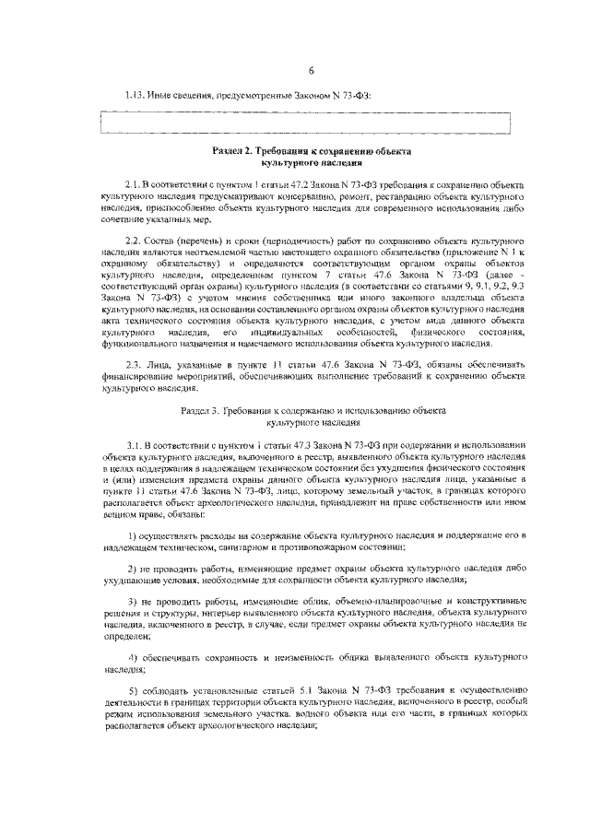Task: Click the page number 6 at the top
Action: [312, 72]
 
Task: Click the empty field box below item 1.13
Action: [304, 123]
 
